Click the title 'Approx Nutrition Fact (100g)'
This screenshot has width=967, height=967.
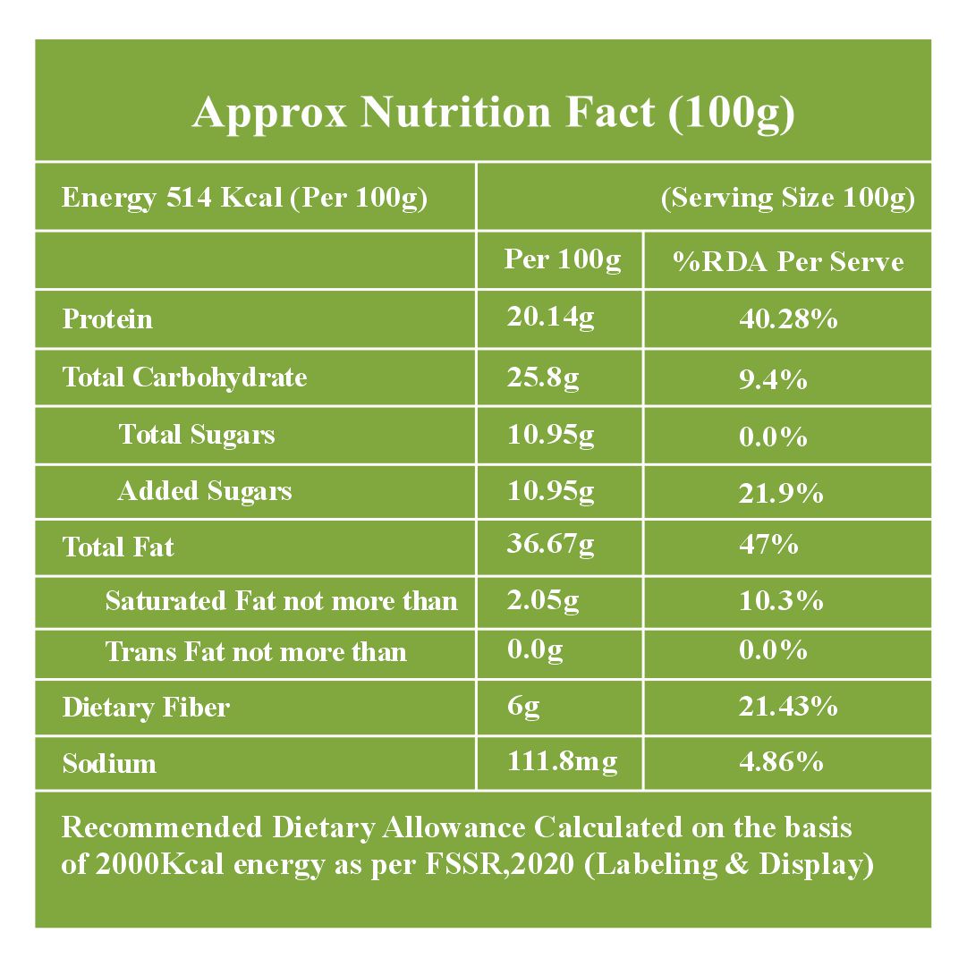493,114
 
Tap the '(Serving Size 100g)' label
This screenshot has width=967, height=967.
787,198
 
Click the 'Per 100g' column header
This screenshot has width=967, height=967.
562,259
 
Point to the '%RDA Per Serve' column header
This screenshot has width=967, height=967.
788,261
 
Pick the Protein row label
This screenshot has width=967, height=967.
107,319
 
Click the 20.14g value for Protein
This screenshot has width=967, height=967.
550,318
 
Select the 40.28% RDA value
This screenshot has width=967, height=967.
787,319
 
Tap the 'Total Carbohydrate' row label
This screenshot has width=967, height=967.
184,377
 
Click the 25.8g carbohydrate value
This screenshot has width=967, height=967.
542,377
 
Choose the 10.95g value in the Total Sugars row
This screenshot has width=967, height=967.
550,436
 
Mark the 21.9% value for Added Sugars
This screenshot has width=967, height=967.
780,493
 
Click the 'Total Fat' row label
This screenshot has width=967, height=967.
118,547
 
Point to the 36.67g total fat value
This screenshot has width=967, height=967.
550,545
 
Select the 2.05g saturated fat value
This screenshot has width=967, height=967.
542,601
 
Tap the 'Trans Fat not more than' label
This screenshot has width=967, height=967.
256,652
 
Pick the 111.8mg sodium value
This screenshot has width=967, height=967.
562,762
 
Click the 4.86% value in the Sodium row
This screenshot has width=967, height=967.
780,762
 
